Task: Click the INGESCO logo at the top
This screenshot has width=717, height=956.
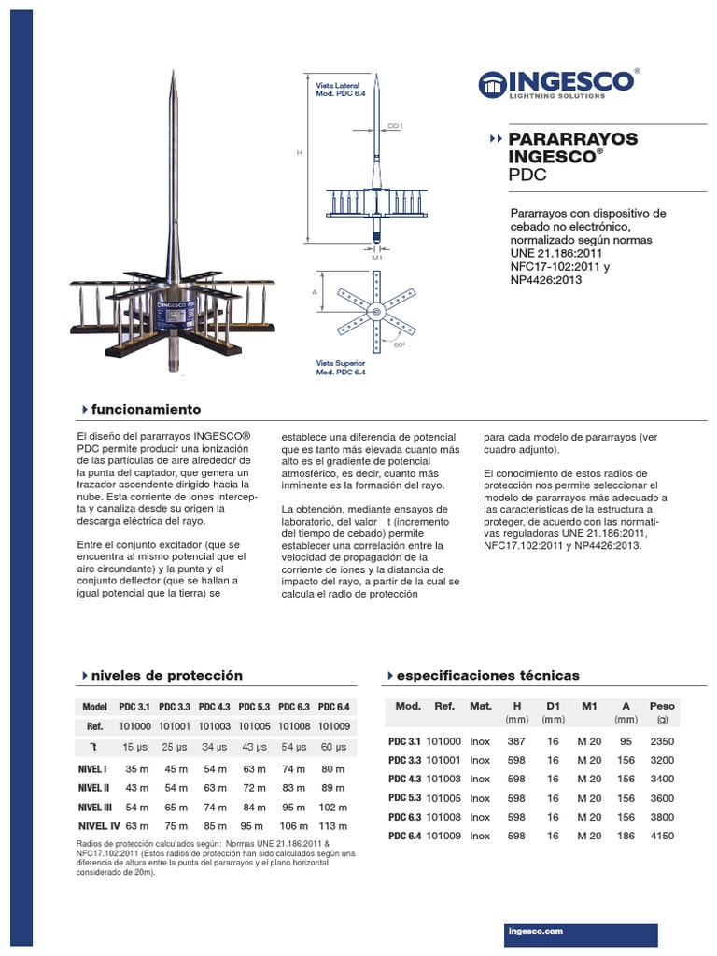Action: coord(558,83)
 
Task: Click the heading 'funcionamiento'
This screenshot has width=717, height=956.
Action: coord(146,410)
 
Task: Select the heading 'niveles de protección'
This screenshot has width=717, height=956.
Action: coord(167,675)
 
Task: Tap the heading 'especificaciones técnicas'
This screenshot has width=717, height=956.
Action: coord(488,675)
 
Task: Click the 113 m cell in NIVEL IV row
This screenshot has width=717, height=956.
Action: coord(333,826)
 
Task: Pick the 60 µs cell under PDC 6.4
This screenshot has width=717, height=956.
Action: coord(333,747)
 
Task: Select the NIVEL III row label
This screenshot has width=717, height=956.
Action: coord(95,807)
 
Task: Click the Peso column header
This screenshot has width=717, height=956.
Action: coord(662,706)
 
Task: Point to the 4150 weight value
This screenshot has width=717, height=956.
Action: coord(662,836)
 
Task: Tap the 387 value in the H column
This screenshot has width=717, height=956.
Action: coord(516,740)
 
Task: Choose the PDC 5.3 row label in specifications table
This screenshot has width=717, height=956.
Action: coord(403,798)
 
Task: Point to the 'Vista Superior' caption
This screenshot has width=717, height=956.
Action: coord(341,361)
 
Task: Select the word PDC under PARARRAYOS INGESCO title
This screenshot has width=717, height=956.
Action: coord(528,175)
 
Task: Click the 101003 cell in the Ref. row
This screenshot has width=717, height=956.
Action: coord(215,725)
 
